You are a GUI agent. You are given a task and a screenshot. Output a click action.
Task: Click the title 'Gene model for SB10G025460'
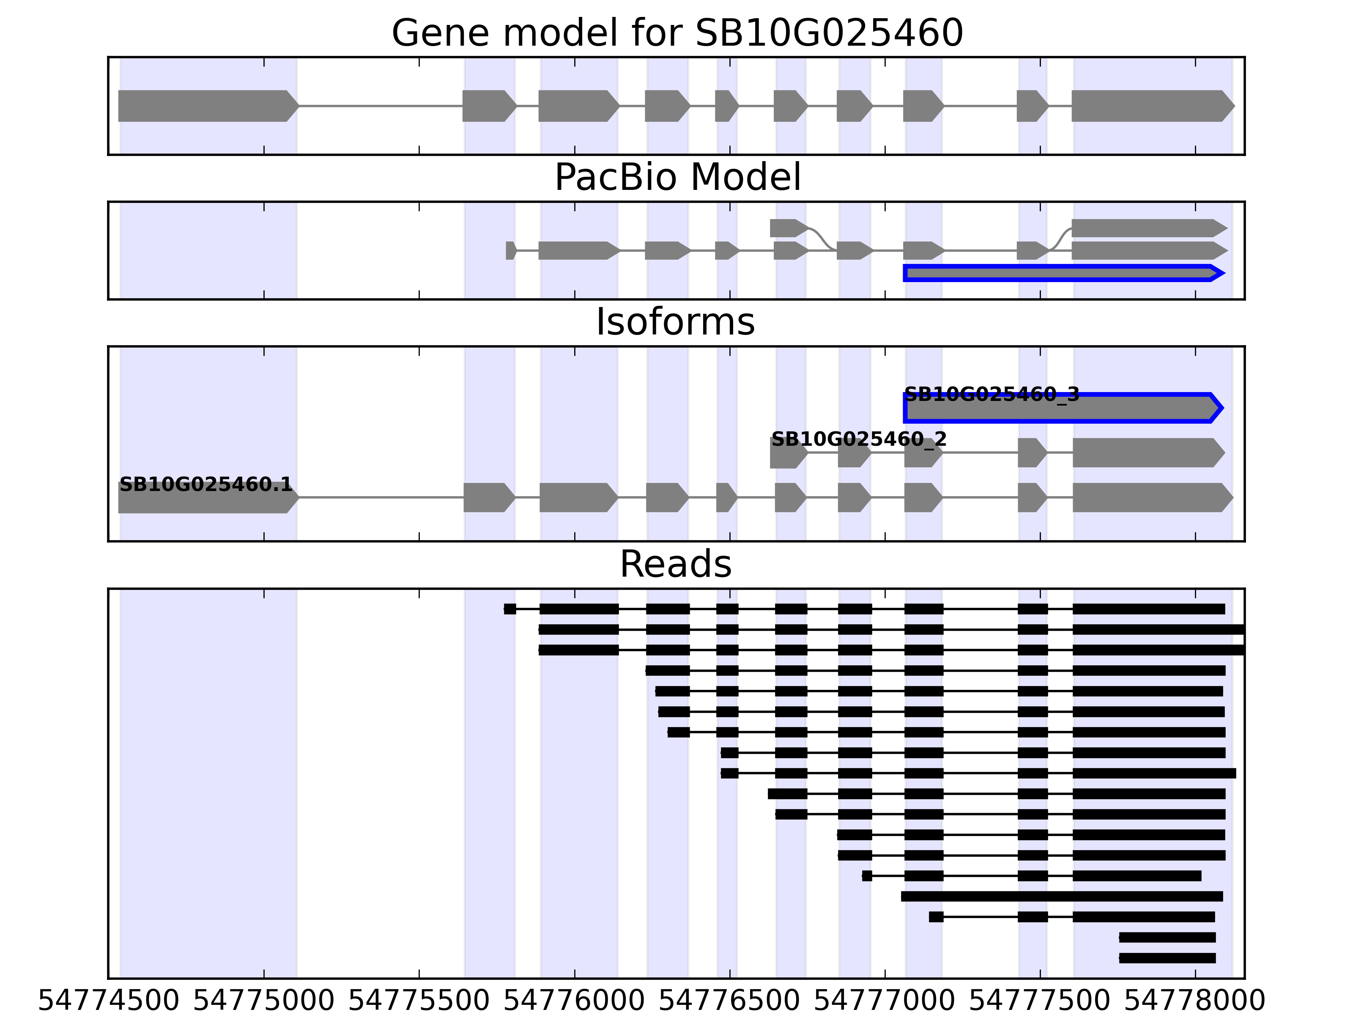(677, 33)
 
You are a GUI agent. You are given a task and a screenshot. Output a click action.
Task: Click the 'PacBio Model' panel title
(677, 178)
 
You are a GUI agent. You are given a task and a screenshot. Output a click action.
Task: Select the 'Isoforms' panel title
(675, 322)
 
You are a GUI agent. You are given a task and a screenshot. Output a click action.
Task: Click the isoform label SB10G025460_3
(991, 395)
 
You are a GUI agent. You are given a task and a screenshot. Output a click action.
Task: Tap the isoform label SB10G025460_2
(859, 439)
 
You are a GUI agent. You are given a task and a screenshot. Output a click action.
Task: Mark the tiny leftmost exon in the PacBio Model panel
(511, 251)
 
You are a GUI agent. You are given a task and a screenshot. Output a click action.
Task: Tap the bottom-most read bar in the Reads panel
(1167, 958)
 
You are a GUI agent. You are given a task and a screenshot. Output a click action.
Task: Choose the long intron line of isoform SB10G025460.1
(381, 497)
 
